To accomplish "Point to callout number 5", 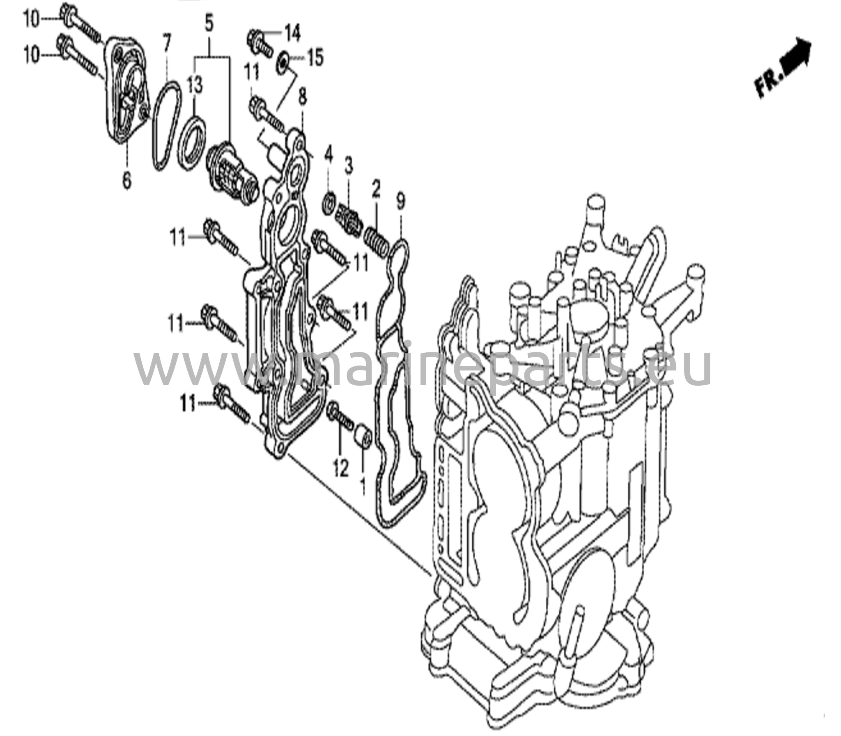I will tap(209, 24).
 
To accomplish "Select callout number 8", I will tap(302, 98).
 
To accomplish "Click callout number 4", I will tap(328, 155).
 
